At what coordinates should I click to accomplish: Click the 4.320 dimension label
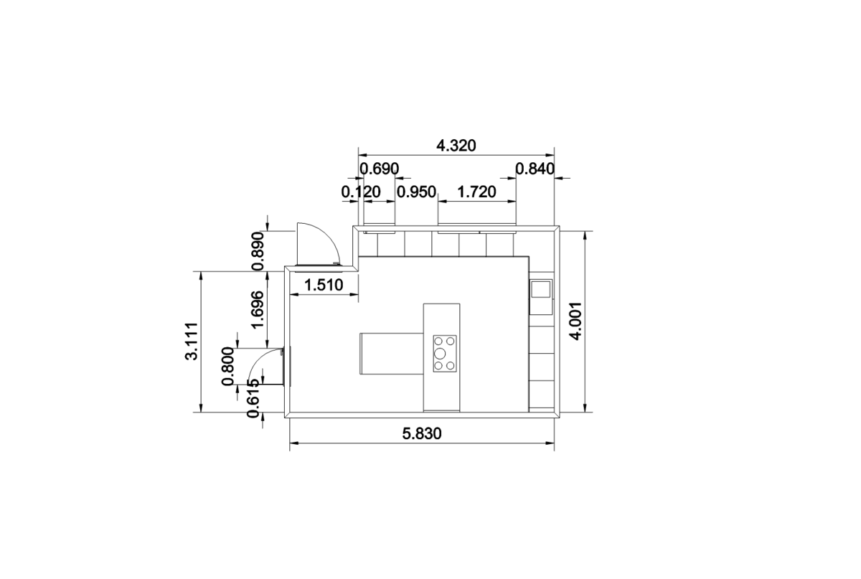pyautogui.click(x=456, y=146)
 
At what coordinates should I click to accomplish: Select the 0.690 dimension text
pyautogui.click(x=380, y=169)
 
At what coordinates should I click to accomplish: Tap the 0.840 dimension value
pyautogui.click(x=535, y=169)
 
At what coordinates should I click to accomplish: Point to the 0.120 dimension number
pyautogui.click(x=361, y=192)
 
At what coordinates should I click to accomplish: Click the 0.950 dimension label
pyautogui.click(x=416, y=192)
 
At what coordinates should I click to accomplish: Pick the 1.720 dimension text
pyautogui.click(x=476, y=192)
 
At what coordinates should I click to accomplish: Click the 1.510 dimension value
pyautogui.click(x=324, y=286)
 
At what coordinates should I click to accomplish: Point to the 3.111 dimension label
pyautogui.click(x=192, y=341)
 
